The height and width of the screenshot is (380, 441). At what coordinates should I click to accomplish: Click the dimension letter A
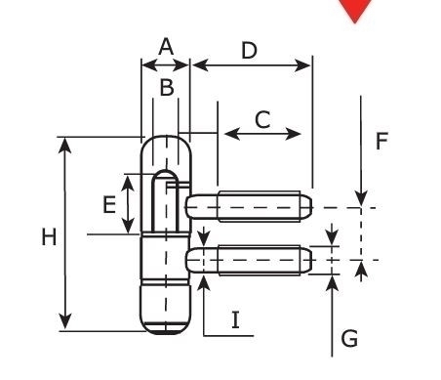(165, 46)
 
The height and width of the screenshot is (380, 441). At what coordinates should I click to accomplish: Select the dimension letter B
(167, 88)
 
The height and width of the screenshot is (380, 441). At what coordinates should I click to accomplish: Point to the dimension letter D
(249, 49)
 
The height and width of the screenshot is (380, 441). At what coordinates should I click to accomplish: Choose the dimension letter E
(109, 204)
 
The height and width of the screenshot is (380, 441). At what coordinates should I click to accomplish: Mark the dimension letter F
(381, 142)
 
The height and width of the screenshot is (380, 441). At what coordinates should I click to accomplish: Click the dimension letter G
(348, 339)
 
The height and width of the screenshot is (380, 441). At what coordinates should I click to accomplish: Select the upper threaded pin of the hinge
(249, 207)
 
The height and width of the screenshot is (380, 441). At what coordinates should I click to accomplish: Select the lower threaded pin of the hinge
(249, 261)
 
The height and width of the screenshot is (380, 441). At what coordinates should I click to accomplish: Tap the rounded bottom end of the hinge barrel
(165, 317)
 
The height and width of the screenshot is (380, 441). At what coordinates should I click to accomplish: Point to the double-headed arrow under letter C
(262, 134)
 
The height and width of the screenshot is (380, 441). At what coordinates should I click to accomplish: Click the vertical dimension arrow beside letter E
(127, 204)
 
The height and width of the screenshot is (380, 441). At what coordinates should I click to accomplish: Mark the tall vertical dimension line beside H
(65, 234)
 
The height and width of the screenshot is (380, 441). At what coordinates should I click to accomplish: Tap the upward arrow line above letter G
(334, 313)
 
